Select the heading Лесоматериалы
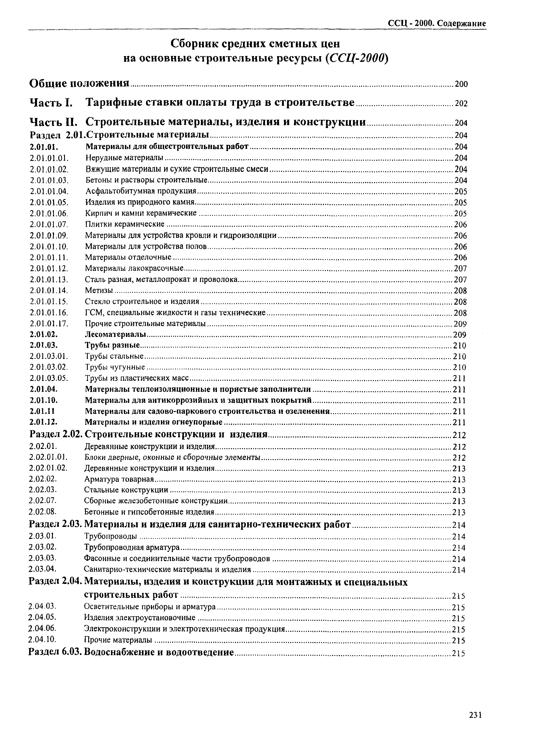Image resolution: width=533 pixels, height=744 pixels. tap(115, 335)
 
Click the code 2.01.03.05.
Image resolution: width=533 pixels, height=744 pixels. tap(49, 378)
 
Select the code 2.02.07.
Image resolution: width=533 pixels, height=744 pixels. tap(43, 501)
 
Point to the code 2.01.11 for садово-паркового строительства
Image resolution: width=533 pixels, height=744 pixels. tap(42, 411)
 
